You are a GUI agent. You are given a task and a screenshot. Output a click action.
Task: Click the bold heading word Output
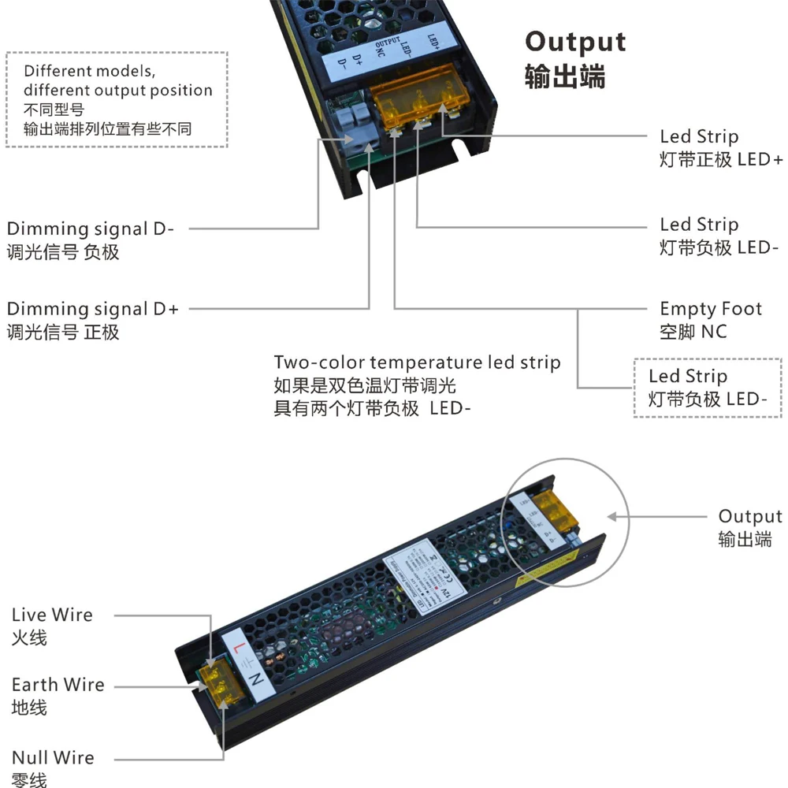575,43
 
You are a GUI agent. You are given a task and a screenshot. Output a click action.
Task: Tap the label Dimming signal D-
91,229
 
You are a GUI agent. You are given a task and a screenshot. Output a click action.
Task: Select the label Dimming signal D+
93,309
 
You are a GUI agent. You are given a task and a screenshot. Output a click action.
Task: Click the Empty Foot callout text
711,309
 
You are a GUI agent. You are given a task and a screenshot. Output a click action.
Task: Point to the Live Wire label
52,615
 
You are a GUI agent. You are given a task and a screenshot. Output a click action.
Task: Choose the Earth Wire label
58,685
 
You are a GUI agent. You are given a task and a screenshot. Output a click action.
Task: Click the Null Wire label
53,758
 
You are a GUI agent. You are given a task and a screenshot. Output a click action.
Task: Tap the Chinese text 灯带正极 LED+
721,160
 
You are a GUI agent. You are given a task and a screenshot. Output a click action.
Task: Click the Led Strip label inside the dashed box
687,377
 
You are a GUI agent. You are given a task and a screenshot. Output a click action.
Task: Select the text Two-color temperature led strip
417,362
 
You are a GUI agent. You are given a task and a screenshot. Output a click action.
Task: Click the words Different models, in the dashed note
84,71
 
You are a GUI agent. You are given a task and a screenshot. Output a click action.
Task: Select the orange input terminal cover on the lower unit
216,679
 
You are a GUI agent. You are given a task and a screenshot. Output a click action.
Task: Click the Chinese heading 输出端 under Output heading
564,78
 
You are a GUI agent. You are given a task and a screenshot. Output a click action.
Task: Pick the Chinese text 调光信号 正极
63,332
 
